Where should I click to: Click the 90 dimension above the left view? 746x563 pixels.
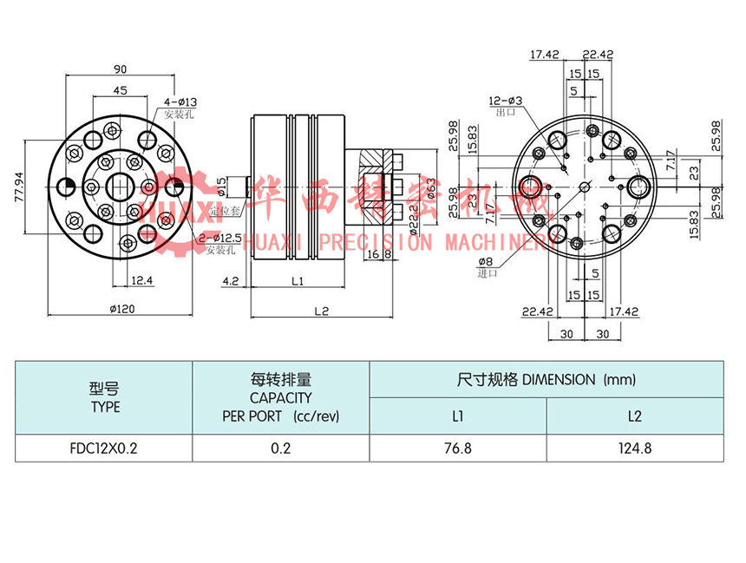coord(121,69)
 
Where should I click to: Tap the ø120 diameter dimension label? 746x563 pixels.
coord(121,307)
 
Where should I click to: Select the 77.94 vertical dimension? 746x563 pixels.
coord(20,186)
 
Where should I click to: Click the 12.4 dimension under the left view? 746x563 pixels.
coord(143,280)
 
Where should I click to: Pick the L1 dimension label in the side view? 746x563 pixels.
coord(297,281)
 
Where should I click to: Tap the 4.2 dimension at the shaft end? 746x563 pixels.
coord(231,281)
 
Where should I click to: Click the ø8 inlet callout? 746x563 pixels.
coord(487,261)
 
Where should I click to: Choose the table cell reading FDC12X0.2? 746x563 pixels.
coord(104,448)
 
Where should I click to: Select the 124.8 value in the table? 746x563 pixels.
coord(635,448)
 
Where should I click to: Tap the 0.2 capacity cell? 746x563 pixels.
coord(280,448)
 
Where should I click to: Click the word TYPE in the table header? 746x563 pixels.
coord(105,407)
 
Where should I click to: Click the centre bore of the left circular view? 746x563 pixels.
coord(121,186)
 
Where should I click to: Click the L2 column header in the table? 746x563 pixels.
coord(635,416)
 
